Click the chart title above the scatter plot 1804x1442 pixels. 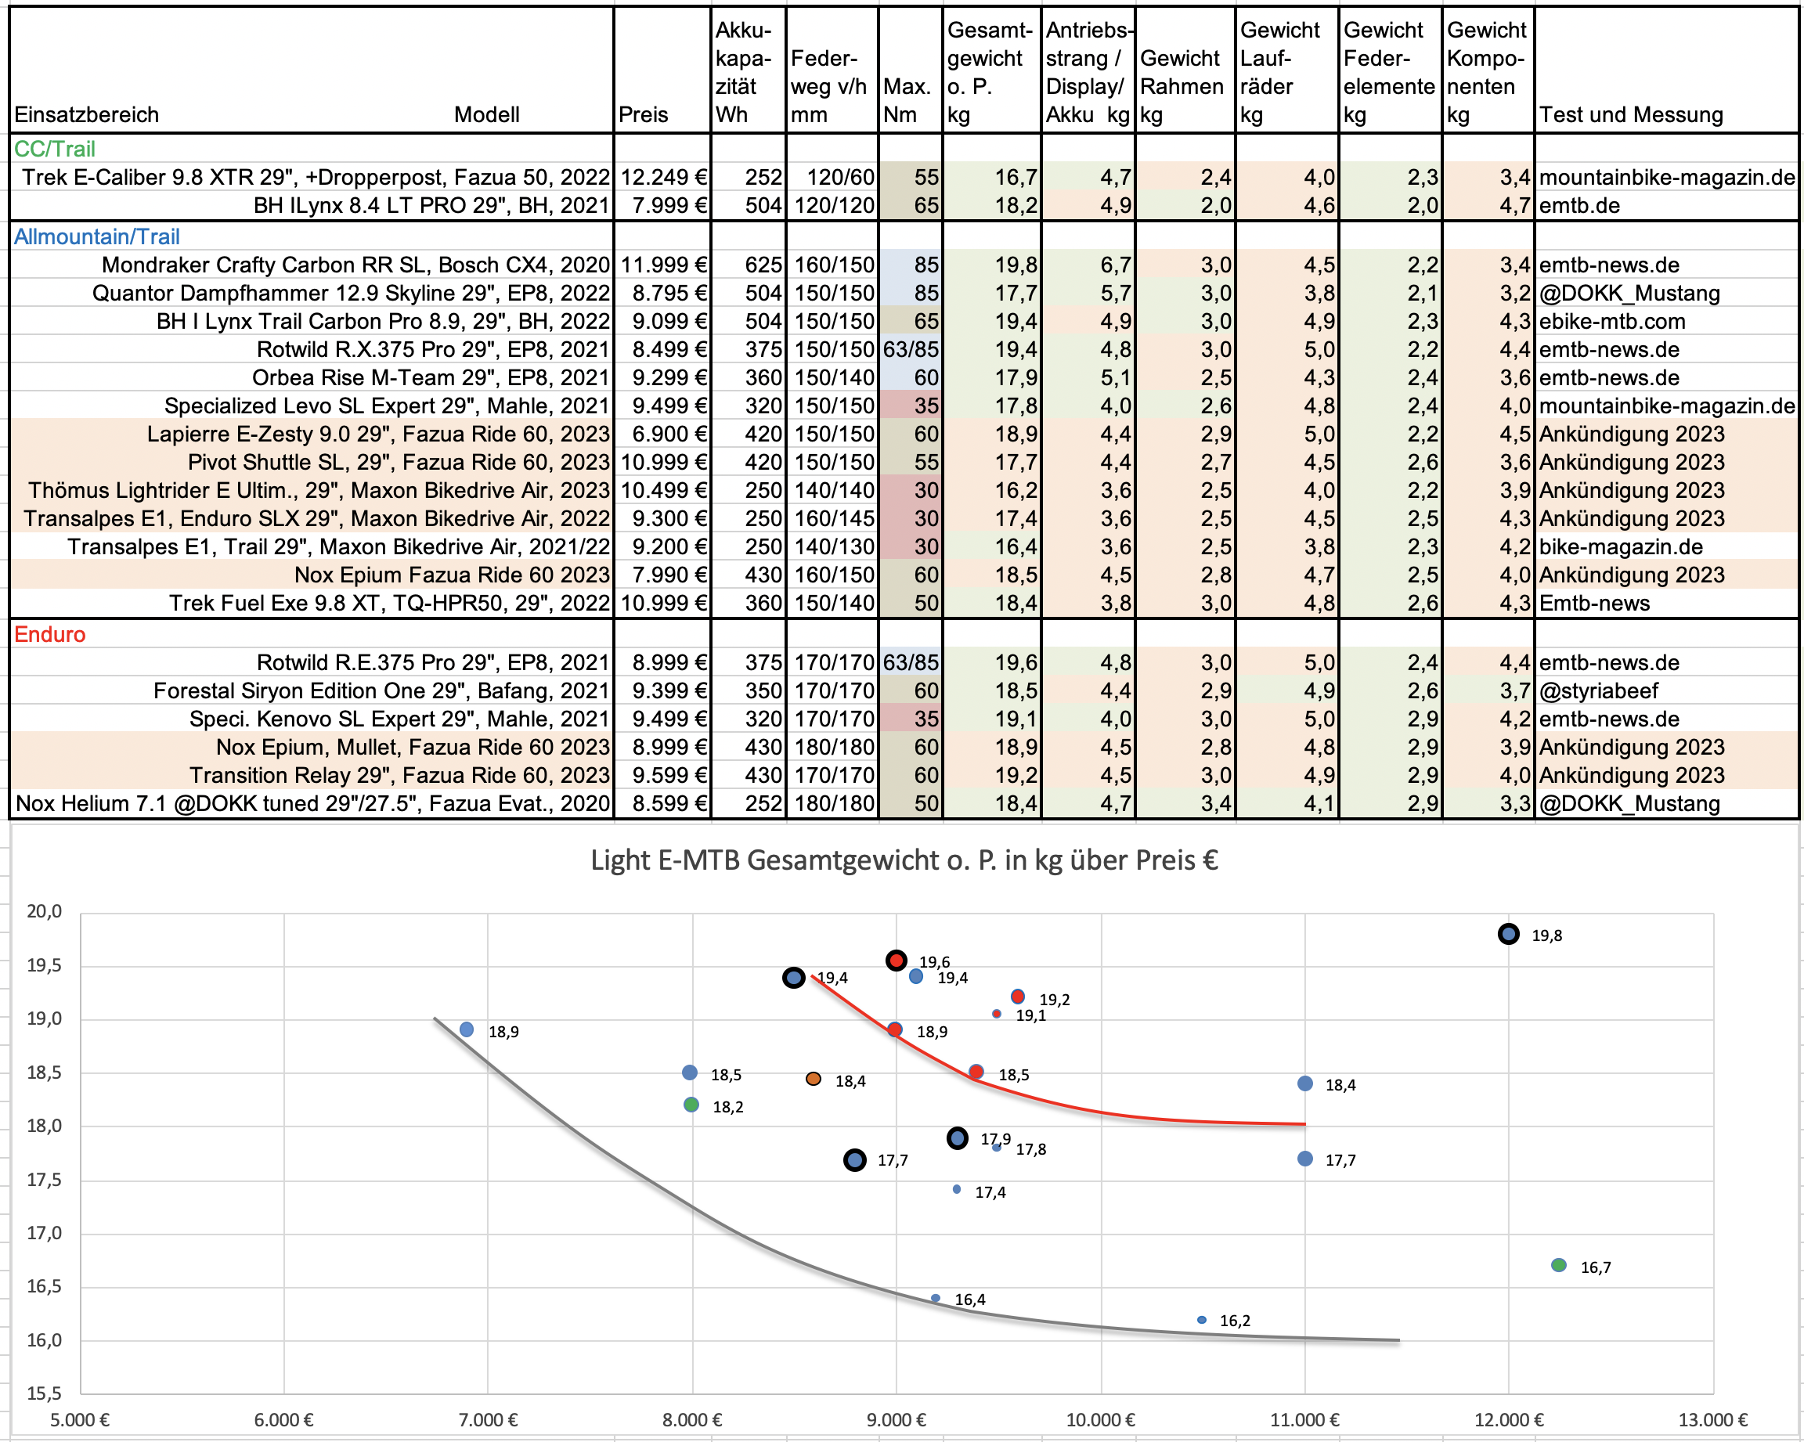coord(904,860)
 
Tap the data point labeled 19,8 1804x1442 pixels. coord(1508,934)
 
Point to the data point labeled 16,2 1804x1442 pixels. coord(1202,1320)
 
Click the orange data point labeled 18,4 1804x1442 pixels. coord(814,1079)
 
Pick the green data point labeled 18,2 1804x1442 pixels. coord(691,1105)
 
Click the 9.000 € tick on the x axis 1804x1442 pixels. coord(897,1419)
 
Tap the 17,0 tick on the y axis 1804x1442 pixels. coord(45,1233)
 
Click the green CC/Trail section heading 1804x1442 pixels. coord(56,149)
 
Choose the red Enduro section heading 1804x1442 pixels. coord(50,634)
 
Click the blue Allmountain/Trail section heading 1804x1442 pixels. coord(97,236)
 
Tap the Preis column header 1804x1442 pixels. coord(643,114)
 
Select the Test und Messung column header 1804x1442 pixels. coord(1631,114)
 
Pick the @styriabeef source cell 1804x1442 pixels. coord(1598,691)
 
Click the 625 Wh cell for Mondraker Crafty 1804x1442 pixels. coord(763,265)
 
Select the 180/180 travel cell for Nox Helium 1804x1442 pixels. coord(833,804)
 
